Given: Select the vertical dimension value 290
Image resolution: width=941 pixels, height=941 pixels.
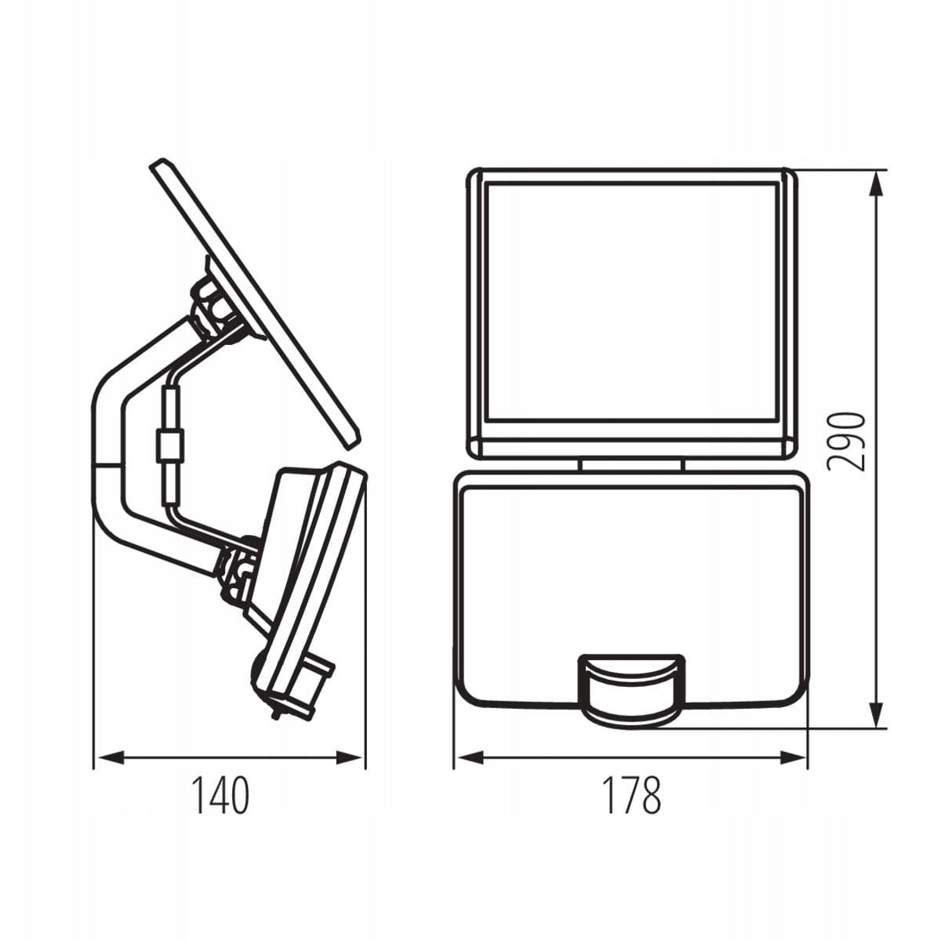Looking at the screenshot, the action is coord(846,443).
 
